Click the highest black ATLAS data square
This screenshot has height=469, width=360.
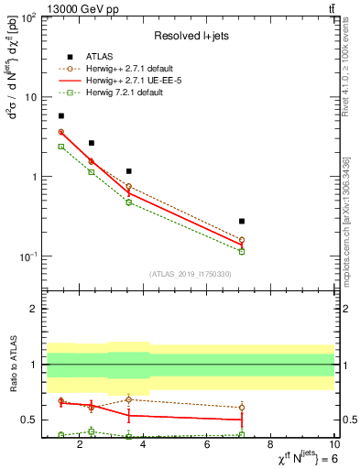(61, 116)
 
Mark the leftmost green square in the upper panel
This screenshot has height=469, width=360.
(61, 147)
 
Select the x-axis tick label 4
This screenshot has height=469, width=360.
(145, 445)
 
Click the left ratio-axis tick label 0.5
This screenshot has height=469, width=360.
(27, 420)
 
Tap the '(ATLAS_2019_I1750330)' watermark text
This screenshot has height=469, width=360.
(189, 274)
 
